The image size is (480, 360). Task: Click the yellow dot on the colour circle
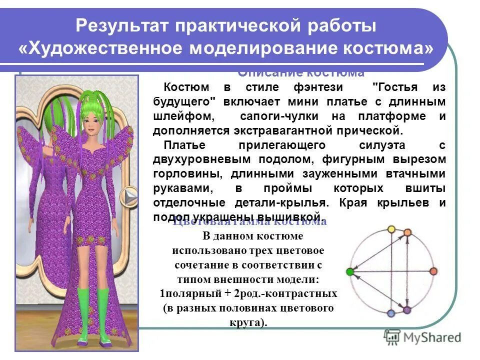(x=391, y=230)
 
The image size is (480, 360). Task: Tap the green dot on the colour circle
(x=349, y=271)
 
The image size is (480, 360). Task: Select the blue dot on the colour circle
(x=391, y=313)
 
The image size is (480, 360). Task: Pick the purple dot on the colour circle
(x=406, y=310)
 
